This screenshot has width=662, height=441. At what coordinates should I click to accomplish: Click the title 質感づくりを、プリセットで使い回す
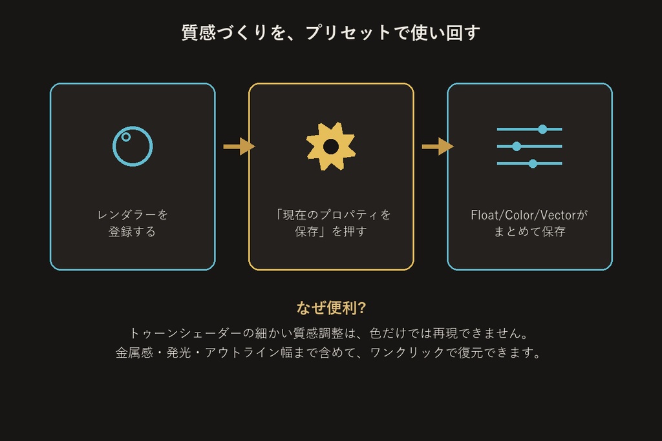tap(330, 32)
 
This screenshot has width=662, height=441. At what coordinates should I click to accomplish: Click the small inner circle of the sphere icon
tap(126, 137)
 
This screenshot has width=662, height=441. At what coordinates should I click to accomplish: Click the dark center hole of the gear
tap(331, 147)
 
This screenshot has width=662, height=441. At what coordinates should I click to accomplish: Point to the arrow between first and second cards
tap(239, 147)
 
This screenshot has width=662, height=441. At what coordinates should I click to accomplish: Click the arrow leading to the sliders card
tap(438, 147)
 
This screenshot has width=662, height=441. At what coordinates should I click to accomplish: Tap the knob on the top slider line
tap(542, 129)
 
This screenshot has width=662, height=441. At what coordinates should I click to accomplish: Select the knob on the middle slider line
tap(517, 147)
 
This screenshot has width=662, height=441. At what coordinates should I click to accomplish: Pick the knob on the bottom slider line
tap(533, 163)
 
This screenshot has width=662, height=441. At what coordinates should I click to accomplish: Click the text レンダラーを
tap(133, 215)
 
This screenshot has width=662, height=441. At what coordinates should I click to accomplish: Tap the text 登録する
tap(132, 231)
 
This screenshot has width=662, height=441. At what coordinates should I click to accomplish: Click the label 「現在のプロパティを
tap(332, 215)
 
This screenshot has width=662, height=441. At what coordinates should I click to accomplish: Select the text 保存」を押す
tap(330, 231)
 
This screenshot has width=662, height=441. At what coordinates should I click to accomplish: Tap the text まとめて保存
tap(529, 231)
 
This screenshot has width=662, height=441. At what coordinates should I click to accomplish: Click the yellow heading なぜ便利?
tap(331, 308)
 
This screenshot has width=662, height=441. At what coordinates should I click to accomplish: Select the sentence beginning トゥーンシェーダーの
tap(329, 333)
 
